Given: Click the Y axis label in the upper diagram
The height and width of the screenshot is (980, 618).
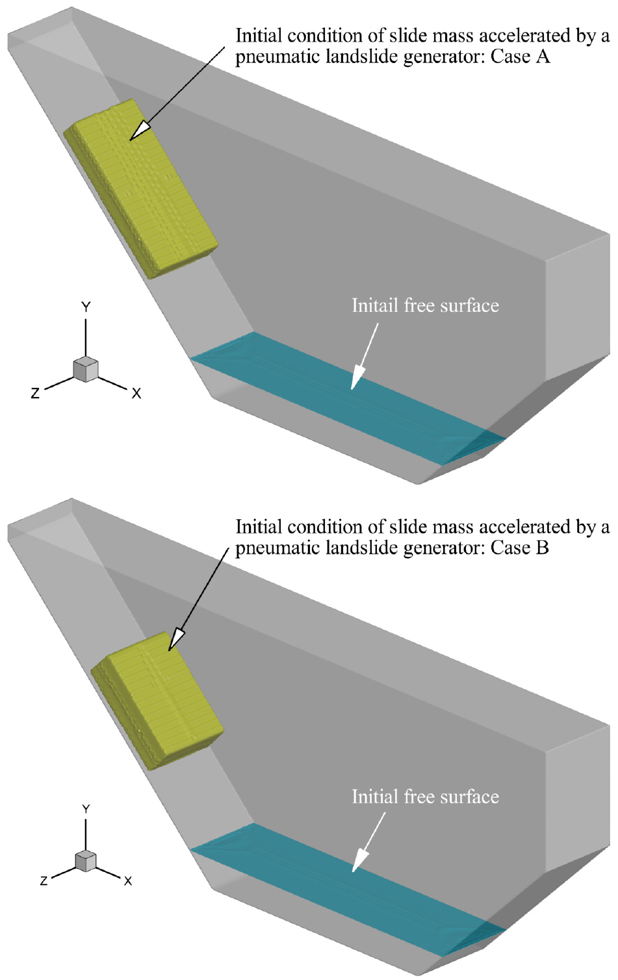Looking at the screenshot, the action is click(x=86, y=307).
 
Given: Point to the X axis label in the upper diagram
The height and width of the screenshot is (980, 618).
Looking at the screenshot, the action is click(x=136, y=394).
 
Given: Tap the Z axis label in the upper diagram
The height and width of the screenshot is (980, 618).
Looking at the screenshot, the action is click(x=35, y=393).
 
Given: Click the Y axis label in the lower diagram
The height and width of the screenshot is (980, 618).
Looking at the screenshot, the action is click(x=86, y=809).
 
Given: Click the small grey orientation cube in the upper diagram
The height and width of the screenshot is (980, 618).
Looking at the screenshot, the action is click(x=86, y=369).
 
